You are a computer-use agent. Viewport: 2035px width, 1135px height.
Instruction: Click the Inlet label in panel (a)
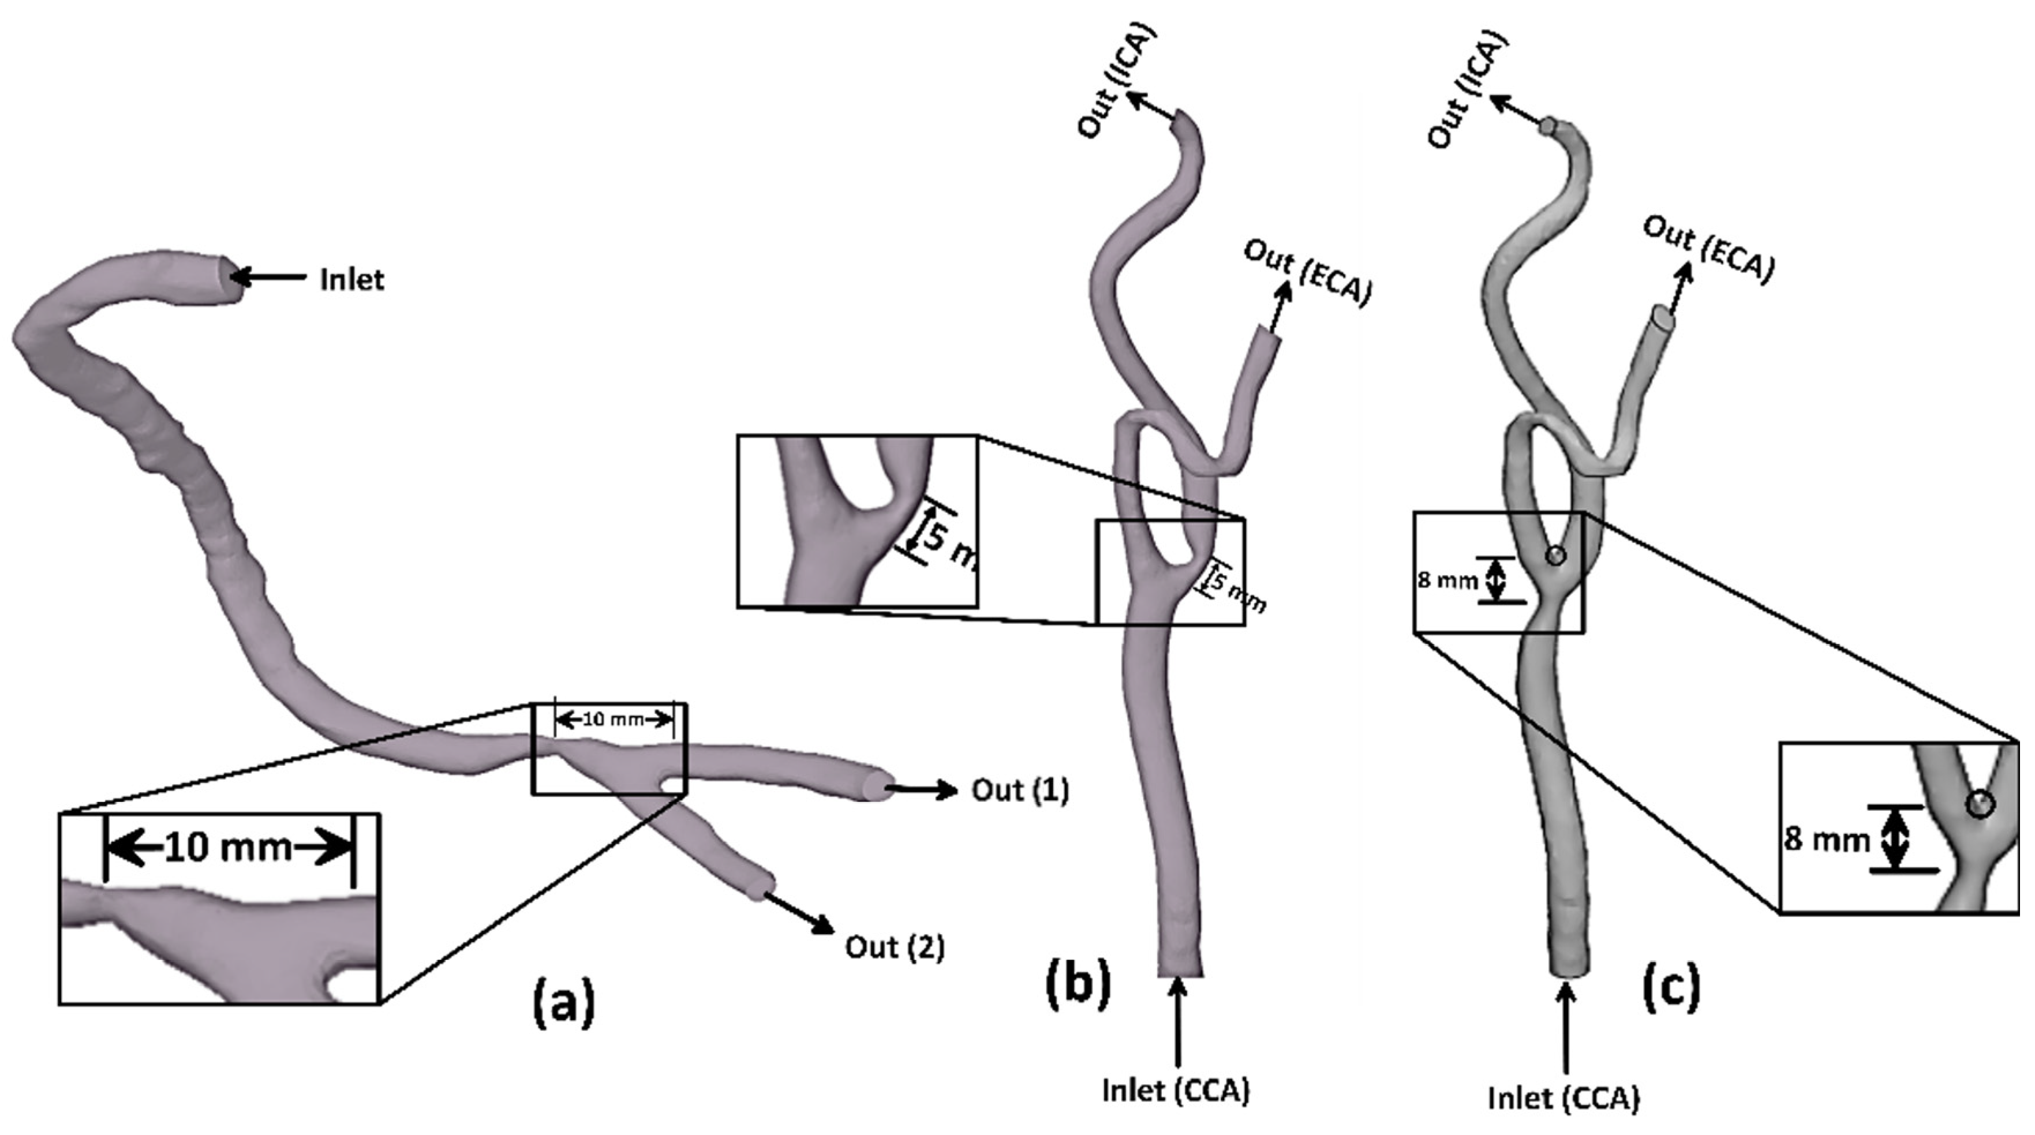(351, 280)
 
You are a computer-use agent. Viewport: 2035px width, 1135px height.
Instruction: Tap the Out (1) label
(1020, 790)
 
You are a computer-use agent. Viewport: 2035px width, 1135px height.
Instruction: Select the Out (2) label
(894, 946)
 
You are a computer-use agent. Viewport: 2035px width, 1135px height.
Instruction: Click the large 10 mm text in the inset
(229, 848)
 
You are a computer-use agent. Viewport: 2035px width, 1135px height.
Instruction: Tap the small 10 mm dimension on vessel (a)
(614, 720)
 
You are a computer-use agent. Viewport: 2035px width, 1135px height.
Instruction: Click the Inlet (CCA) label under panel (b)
(1176, 1091)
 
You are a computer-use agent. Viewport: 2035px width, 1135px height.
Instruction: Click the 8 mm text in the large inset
(1825, 839)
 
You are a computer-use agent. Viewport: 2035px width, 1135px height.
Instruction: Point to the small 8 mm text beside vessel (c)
(1446, 580)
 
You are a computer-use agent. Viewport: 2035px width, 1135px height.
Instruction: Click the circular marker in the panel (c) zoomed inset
(1980, 806)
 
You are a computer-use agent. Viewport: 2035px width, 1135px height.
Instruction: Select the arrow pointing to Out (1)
(921, 788)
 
